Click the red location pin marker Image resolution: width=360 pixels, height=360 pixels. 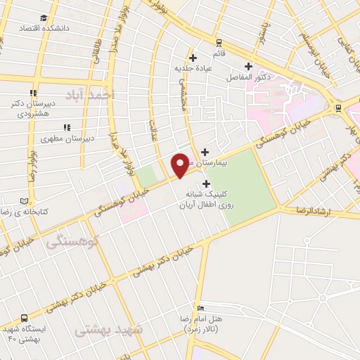pos(181,165)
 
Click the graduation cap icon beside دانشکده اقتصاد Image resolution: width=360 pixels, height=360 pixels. pos(44,18)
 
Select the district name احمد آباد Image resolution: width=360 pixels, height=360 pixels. pos(86,94)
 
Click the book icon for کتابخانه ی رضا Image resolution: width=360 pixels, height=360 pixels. pos(26,200)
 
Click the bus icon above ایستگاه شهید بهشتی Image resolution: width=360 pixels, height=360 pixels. pos(25,318)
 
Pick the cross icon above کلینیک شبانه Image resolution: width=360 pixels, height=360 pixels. pos(206,184)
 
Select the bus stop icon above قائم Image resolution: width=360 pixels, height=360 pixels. pos(219,42)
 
